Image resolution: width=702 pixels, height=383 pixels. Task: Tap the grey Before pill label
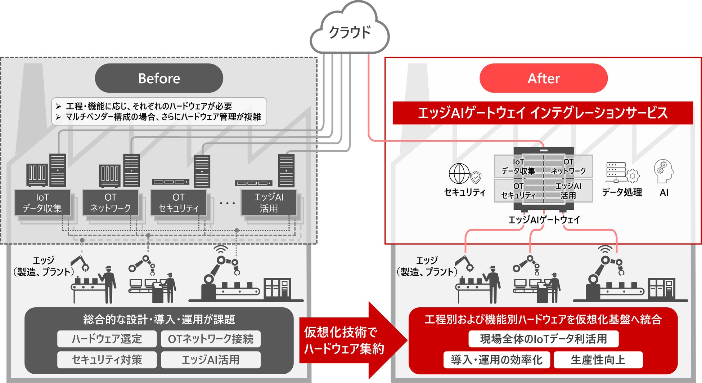pyautogui.click(x=159, y=78)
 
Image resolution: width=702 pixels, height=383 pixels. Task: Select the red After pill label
pyautogui.click(x=543, y=78)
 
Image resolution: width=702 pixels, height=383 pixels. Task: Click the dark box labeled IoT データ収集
pyautogui.click(x=42, y=203)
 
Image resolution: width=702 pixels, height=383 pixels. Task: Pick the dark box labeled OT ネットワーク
pyautogui.click(x=110, y=203)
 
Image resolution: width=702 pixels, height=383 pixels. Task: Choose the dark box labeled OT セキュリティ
pyautogui.click(x=179, y=203)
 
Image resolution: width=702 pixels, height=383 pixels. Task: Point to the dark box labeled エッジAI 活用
pyautogui.click(x=269, y=203)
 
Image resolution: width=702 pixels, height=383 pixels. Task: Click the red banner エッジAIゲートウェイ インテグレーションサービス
pyautogui.click(x=543, y=113)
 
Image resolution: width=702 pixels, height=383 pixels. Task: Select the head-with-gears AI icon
pyautogui.click(x=663, y=172)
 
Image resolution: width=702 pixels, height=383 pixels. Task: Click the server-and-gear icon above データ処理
pyautogui.click(x=622, y=172)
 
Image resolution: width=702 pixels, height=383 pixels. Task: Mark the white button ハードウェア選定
pyautogui.click(x=107, y=339)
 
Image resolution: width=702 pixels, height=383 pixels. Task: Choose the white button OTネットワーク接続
pyautogui.click(x=211, y=339)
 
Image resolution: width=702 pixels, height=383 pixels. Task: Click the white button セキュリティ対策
pyautogui.click(x=107, y=360)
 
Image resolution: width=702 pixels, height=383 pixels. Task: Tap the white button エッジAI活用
pyautogui.click(x=211, y=360)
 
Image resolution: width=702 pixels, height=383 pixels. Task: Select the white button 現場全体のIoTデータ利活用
pyautogui.click(x=543, y=339)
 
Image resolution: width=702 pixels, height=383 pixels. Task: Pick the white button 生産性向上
pyautogui.click(x=598, y=360)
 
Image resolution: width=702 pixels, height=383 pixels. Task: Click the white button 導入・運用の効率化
pyautogui.click(x=496, y=360)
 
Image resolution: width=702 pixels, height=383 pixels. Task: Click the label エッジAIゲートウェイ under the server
pyautogui.click(x=544, y=220)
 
